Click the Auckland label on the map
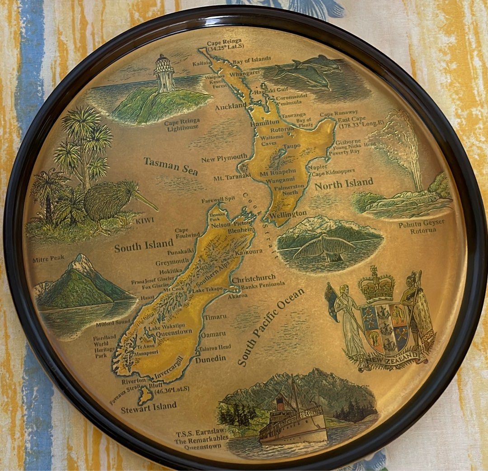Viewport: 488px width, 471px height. [x=231, y=107]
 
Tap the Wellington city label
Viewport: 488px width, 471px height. [x=289, y=213]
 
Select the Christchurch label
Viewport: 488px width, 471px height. [x=257, y=278]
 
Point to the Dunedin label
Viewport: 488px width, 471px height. [x=210, y=359]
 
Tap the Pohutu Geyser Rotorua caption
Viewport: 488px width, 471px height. [x=421, y=226]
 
